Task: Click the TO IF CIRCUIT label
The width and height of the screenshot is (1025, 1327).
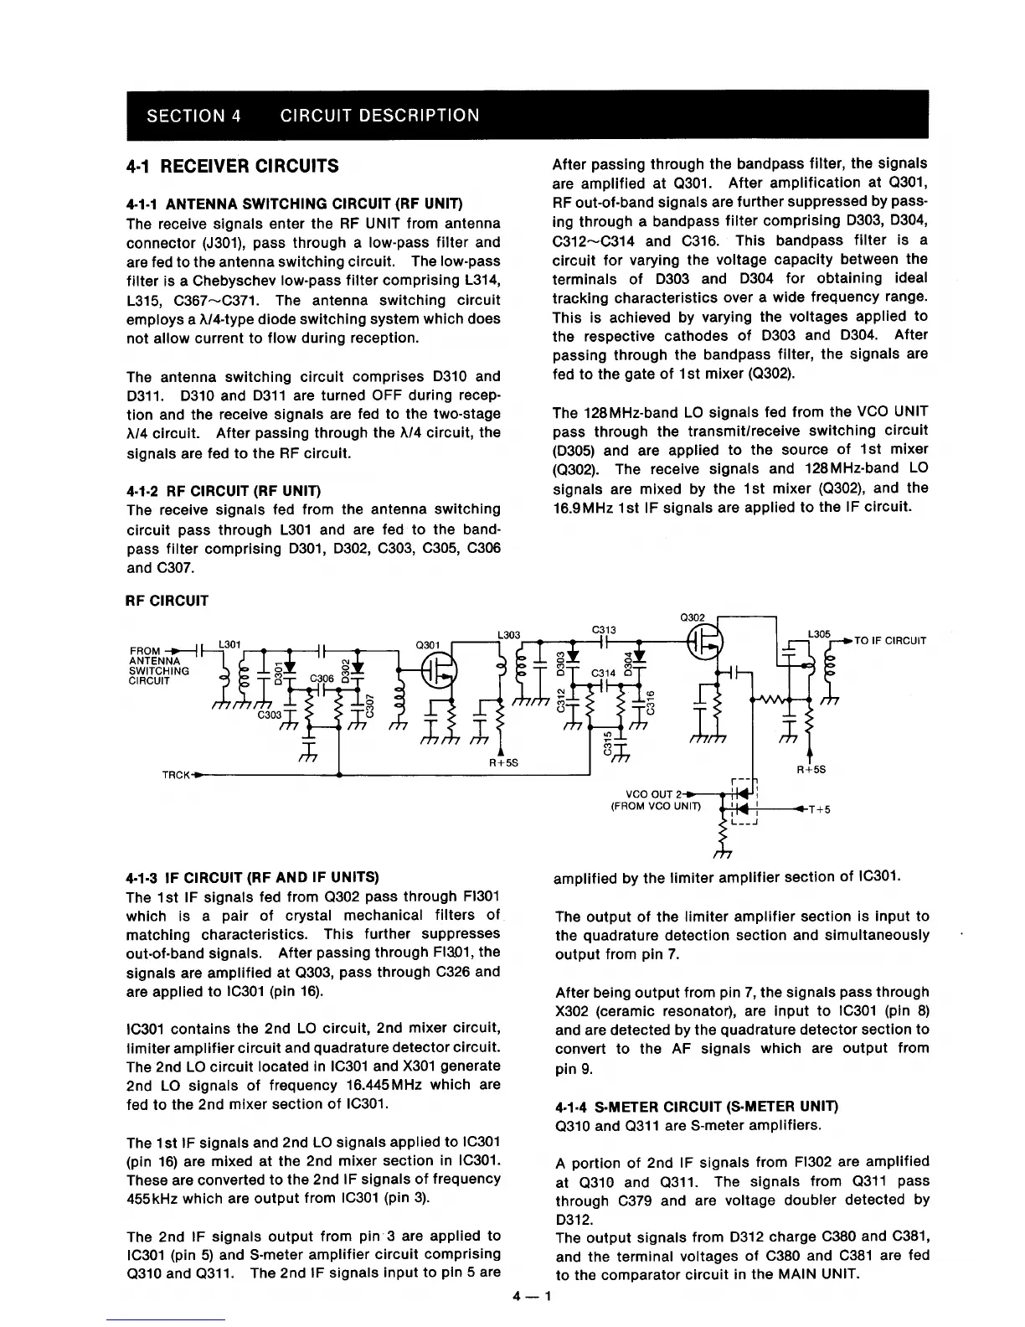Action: [x=890, y=641]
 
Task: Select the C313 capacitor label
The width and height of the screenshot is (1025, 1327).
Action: [x=604, y=630]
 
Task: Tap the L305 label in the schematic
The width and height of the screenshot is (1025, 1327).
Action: [x=818, y=634]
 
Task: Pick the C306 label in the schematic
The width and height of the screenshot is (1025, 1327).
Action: [x=322, y=679]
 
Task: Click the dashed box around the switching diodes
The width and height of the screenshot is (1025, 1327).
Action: [x=744, y=803]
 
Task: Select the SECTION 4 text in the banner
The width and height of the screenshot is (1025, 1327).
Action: [x=194, y=116]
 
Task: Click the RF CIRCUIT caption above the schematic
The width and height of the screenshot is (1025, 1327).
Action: [x=167, y=601]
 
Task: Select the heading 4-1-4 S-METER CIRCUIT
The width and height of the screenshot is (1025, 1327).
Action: [x=696, y=1106]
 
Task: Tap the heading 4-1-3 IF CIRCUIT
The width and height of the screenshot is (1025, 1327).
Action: [x=252, y=877]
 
